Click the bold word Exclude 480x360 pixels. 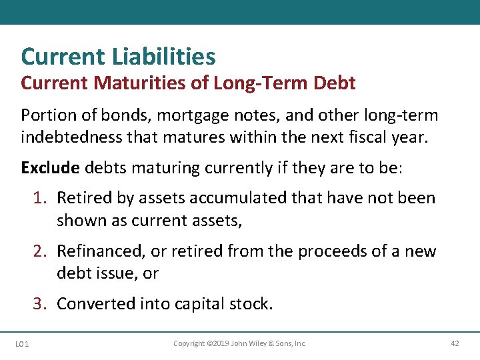tap(50, 167)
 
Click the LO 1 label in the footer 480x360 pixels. tap(21, 344)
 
